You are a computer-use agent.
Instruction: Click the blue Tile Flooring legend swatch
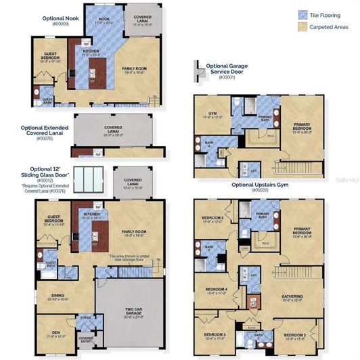point(302,14)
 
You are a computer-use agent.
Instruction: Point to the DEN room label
point(56,333)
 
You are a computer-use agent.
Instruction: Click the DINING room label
point(57,295)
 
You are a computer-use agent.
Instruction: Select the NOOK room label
point(104,19)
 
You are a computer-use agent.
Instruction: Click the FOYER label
point(86,317)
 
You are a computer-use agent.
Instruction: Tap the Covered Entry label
point(86,339)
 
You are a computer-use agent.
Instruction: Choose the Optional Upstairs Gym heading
point(259,185)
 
